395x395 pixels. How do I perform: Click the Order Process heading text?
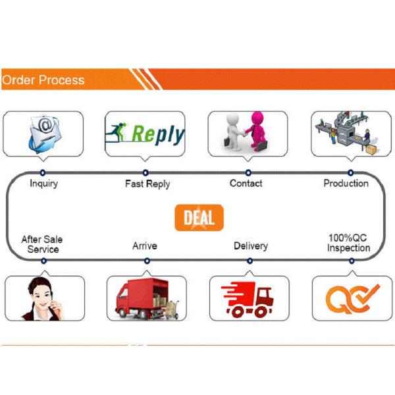pos(43,80)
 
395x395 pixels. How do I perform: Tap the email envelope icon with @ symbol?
pos(43,133)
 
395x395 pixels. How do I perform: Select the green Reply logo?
pos(146,134)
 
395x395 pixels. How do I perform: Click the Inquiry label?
pos(43,184)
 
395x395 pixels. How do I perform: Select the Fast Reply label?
pos(147,184)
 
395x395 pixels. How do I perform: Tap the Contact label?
pos(246,184)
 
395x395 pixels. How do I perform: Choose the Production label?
pos(346,183)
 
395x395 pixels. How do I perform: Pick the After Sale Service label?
pos(43,244)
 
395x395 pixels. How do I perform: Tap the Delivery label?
pos(251,246)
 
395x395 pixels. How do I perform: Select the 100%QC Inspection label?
pos(348,243)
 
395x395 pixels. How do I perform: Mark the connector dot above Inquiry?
pos(43,172)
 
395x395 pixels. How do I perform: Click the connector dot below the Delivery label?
pos(249,261)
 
